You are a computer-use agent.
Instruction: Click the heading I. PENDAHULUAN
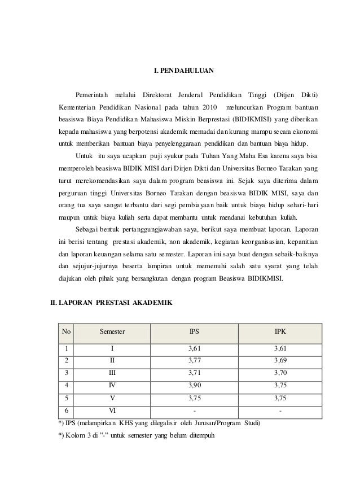184,71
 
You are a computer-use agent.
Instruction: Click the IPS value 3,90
194,386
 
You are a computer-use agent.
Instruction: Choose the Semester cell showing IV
112,386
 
